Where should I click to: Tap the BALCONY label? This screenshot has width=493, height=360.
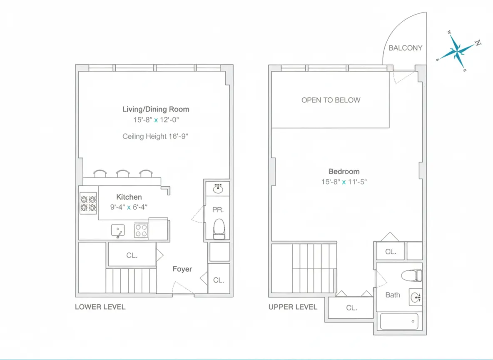point(405,48)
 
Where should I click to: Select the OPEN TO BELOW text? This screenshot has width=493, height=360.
point(331,100)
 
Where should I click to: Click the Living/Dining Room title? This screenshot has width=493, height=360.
point(156,109)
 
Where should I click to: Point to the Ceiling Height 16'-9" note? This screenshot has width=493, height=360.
point(156,136)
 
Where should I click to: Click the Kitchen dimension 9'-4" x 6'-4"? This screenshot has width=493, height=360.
point(129,207)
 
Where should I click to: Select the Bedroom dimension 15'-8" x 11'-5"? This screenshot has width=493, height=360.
point(344,182)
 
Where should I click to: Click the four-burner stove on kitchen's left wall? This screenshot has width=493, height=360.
point(88,203)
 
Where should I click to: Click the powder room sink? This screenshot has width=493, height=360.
point(218,189)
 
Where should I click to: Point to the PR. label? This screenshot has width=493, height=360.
point(217,210)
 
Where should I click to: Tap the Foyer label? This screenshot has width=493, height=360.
point(182,269)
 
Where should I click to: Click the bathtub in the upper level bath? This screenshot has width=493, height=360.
point(399,322)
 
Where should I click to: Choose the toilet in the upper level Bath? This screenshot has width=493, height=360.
point(411,275)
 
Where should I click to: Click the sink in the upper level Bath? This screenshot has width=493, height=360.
point(415,297)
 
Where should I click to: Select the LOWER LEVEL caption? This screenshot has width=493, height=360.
point(100,307)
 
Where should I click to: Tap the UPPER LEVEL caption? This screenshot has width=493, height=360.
point(293,307)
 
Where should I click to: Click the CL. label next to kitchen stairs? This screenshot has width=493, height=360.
point(132,255)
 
